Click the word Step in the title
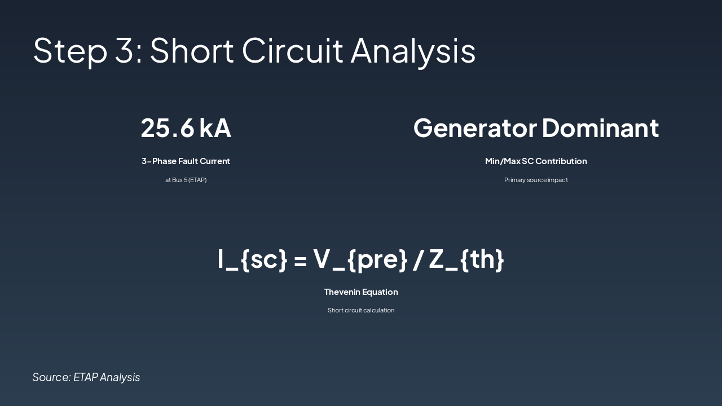(x=70, y=51)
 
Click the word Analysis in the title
(x=413, y=51)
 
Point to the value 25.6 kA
(x=186, y=127)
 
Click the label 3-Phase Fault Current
(x=186, y=161)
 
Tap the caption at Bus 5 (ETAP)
(x=186, y=180)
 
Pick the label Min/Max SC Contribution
(x=536, y=161)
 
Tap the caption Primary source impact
(x=536, y=180)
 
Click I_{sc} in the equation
(x=252, y=259)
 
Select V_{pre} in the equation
(x=360, y=259)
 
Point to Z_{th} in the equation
(x=466, y=259)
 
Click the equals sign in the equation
(x=300, y=260)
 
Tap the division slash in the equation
(x=417, y=259)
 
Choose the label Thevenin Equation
(x=361, y=292)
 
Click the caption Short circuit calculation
(x=361, y=310)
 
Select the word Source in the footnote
(x=51, y=377)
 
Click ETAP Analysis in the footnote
(x=107, y=377)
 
